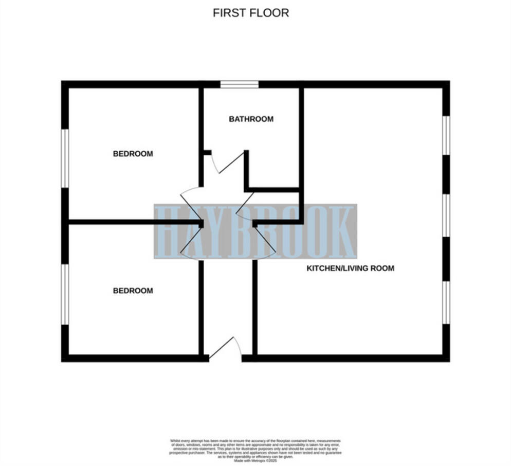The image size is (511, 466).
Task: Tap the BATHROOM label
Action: (251, 119)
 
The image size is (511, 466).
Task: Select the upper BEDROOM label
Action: (133, 153)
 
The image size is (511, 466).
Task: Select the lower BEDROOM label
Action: (133, 291)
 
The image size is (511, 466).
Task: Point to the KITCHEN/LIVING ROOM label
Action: (351, 268)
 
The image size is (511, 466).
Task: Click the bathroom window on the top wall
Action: (239, 84)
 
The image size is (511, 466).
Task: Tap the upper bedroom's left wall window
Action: (65, 157)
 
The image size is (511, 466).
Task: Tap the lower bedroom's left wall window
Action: (65, 294)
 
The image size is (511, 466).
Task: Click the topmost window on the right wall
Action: (446, 135)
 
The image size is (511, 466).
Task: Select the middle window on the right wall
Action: (446, 216)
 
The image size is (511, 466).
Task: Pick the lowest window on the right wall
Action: (446, 302)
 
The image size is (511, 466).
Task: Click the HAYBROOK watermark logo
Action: (255, 231)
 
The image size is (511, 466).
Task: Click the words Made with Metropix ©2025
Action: (255, 461)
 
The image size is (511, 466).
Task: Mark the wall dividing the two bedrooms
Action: (134, 222)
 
